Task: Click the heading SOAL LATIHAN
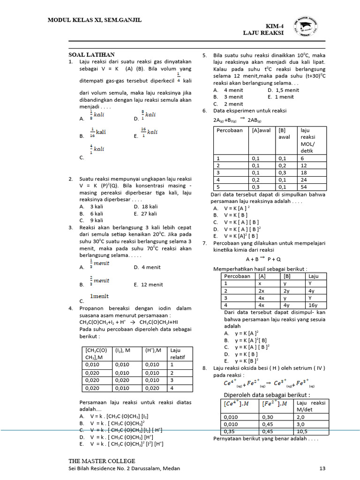pos(91,55)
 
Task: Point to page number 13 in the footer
pos(322,468)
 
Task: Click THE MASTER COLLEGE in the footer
pos(102,461)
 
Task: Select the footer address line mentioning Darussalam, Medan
pos(124,468)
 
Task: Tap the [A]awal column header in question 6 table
pos(261,130)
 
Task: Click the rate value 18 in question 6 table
pos(303,172)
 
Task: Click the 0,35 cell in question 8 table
pos(231,431)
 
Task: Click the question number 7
pos(204,243)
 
